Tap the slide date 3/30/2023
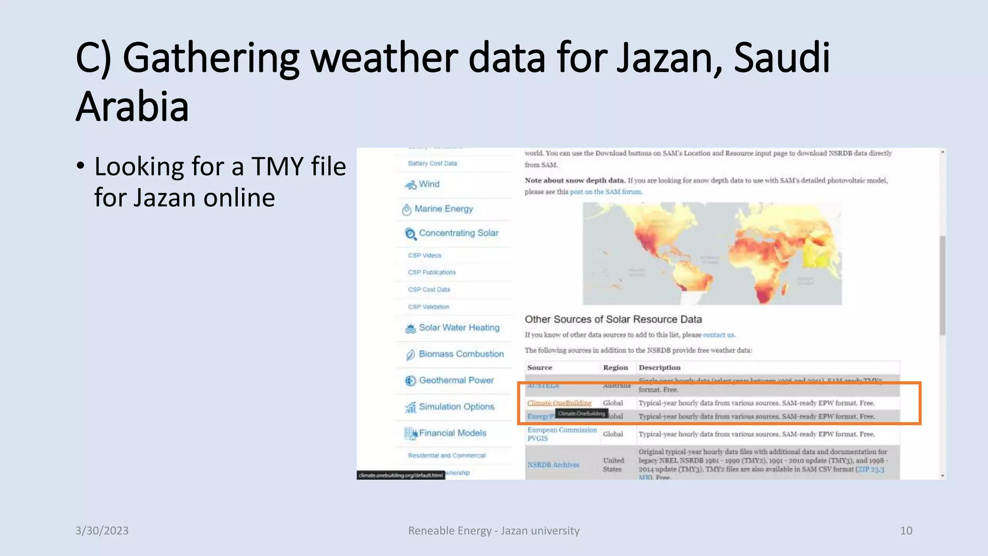102,530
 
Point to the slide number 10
906,530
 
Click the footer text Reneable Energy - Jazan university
494,530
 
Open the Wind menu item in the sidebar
429,184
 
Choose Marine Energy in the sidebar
443,209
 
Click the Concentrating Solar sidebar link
458,233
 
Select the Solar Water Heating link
459,328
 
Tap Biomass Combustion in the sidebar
461,354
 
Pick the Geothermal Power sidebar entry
456,380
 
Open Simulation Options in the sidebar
456,407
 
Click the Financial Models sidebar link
452,433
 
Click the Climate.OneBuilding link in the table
559,403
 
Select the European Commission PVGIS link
562,434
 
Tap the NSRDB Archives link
553,465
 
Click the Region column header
615,368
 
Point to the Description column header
659,368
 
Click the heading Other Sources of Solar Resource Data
613,320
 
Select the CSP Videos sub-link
425,255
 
